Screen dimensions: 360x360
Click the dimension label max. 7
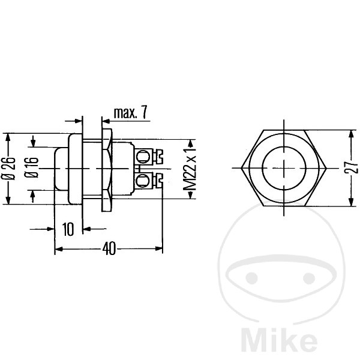tap(130, 112)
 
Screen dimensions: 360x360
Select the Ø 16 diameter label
tap(32, 167)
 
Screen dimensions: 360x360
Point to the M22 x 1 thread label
tap(190, 169)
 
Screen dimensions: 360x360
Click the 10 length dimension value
tap(68, 229)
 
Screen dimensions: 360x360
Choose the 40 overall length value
tap(109, 249)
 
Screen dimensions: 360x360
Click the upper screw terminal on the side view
tap(149, 157)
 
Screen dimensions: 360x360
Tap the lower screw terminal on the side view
tap(149, 181)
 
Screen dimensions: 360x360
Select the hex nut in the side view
tap(107, 170)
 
